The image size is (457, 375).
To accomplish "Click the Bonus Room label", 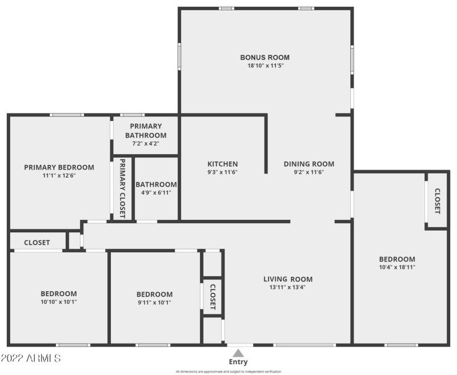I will tap(264, 57).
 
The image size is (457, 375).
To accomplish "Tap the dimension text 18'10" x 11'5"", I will tap(265, 66).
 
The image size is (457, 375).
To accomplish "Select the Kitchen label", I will tap(222, 164).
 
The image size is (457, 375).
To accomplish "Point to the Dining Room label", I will tap(309, 164).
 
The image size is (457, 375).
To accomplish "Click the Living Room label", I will tap(288, 279).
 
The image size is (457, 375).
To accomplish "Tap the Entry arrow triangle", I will tap(238, 353).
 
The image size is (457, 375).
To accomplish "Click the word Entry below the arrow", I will tap(238, 362).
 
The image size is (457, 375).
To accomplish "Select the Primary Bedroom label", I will tap(59, 167).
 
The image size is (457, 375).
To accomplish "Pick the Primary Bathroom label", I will tap(146, 131).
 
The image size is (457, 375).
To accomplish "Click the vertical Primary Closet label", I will tap(122, 188).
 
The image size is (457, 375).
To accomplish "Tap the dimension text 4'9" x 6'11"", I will tap(156, 193).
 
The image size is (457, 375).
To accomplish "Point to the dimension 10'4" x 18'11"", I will tap(397, 267).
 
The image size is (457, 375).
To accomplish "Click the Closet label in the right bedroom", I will tap(438, 201).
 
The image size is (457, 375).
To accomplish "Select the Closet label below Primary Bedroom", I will tap(37, 243).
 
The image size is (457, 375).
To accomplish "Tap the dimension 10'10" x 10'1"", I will tap(59, 302).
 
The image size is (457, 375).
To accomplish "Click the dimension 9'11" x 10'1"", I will tap(154, 303).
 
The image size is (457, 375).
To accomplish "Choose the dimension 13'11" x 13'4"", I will tap(288, 288).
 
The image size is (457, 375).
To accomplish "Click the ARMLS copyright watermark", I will tap(31, 358).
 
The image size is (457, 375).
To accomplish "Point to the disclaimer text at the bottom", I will tap(228, 372).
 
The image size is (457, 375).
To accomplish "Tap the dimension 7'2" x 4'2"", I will tap(146, 144).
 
